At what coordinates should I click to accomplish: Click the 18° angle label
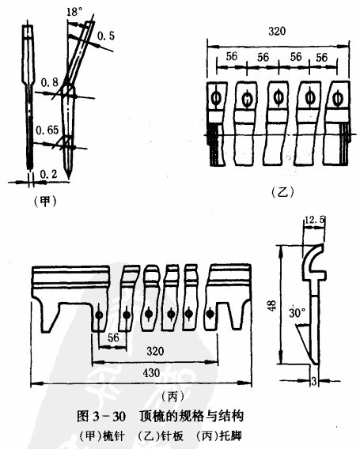[74, 13]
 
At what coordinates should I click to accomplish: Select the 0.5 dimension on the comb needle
[106, 36]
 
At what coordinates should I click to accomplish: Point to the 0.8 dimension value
[50, 82]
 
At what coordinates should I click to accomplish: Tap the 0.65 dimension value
[47, 130]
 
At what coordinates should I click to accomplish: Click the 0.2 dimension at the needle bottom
[49, 174]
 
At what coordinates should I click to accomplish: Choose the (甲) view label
[45, 202]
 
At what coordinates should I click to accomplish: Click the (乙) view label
[282, 192]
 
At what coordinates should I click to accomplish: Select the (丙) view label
[172, 396]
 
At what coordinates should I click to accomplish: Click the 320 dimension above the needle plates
[277, 31]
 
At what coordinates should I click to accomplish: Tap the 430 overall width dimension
[151, 373]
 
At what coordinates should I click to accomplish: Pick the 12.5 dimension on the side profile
[315, 220]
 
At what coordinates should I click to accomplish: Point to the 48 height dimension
[272, 305]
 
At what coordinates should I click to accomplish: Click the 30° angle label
[297, 313]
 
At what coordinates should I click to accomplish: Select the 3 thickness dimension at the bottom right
[314, 381]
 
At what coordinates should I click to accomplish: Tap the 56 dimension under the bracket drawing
[113, 338]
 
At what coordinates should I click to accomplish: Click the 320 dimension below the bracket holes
[155, 351]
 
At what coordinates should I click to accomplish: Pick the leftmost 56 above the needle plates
[232, 56]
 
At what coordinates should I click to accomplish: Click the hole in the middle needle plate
[278, 97]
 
